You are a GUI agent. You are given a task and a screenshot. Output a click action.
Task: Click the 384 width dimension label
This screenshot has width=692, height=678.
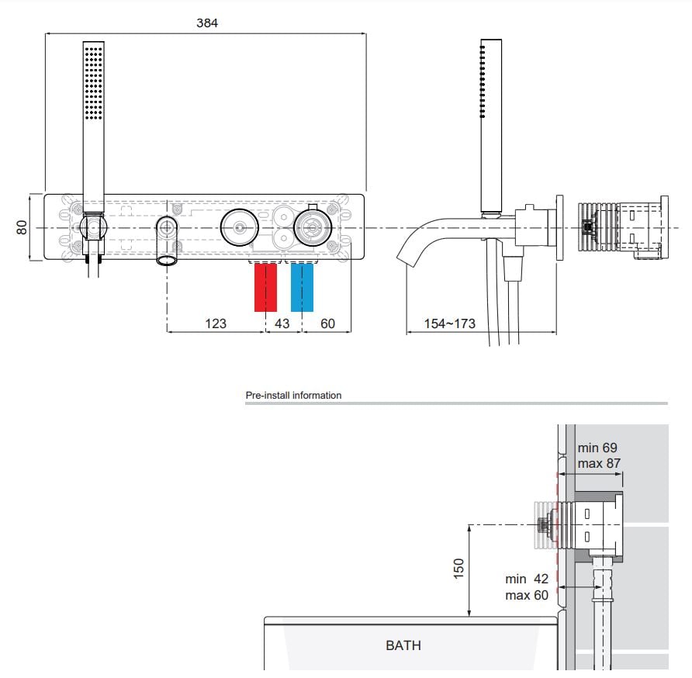(x=207, y=23)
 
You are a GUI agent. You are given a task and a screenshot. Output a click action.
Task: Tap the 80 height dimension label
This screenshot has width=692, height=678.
(x=22, y=227)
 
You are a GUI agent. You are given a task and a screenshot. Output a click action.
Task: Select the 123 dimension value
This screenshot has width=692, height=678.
(x=216, y=323)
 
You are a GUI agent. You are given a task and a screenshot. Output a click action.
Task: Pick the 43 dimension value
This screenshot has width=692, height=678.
(x=282, y=323)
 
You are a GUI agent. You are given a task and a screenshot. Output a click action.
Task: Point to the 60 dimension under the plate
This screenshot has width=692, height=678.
(x=327, y=323)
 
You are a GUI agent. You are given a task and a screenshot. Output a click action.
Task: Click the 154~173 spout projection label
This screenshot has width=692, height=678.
(x=450, y=323)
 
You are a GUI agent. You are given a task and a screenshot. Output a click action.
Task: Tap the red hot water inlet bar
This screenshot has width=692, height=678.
(x=265, y=287)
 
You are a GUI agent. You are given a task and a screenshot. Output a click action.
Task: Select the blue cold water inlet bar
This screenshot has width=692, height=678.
(x=302, y=287)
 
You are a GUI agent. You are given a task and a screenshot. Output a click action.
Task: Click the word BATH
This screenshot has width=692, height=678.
(x=403, y=645)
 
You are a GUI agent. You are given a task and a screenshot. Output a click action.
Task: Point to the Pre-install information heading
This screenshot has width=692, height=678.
(x=293, y=395)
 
